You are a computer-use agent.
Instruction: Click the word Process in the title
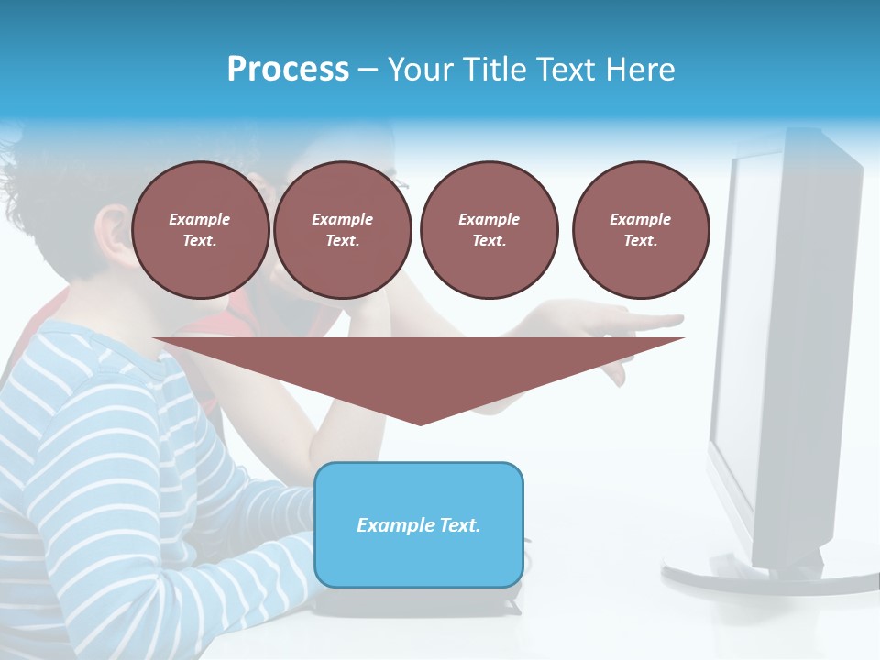point(288,70)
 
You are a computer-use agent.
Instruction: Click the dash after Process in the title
point(368,71)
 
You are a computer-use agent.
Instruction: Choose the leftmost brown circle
point(200,230)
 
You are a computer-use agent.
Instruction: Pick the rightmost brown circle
point(641,230)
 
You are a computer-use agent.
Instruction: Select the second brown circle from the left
point(342,230)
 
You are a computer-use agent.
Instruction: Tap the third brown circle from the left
point(489,230)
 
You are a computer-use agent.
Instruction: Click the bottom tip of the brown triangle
point(420,423)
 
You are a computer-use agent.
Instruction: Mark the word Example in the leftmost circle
point(200,219)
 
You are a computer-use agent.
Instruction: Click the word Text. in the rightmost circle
point(641,241)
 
